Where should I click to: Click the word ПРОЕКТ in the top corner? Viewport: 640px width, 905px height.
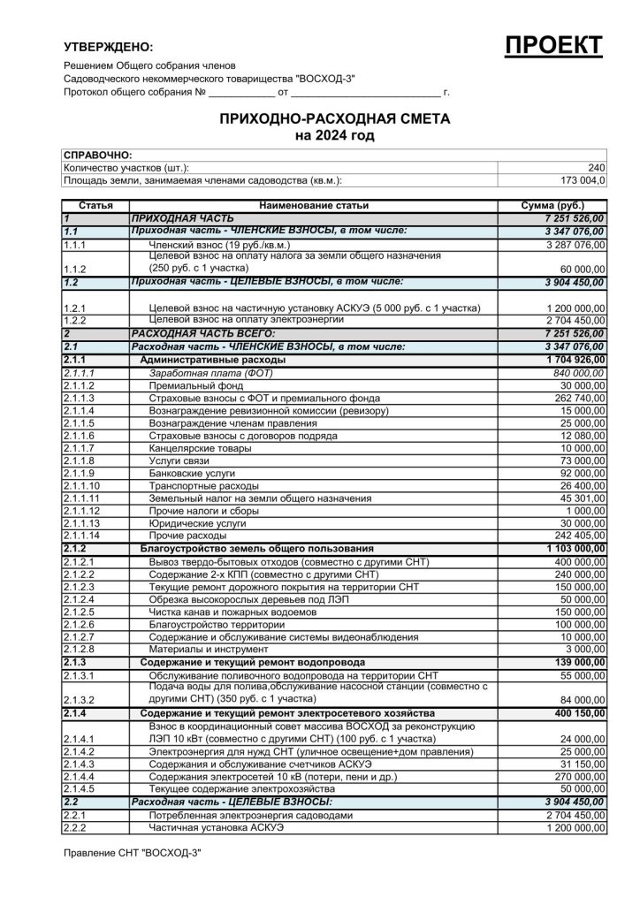(553, 46)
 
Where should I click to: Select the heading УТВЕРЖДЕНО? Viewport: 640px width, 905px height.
(109, 47)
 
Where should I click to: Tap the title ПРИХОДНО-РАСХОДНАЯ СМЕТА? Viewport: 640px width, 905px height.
(334, 119)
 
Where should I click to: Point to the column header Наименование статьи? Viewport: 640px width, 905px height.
(314, 205)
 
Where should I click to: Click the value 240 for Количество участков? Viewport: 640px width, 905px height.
(597, 168)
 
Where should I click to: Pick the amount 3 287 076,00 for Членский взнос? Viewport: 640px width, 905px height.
(575, 244)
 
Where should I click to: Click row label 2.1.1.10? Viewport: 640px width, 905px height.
(82, 486)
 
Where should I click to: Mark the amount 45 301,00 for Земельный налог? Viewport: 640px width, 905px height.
(583, 498)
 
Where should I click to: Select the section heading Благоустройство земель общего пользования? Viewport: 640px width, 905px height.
(256, 549)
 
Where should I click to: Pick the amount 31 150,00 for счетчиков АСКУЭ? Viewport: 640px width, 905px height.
(583, 764)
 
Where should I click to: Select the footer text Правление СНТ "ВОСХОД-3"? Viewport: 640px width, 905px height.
(133, 853)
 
